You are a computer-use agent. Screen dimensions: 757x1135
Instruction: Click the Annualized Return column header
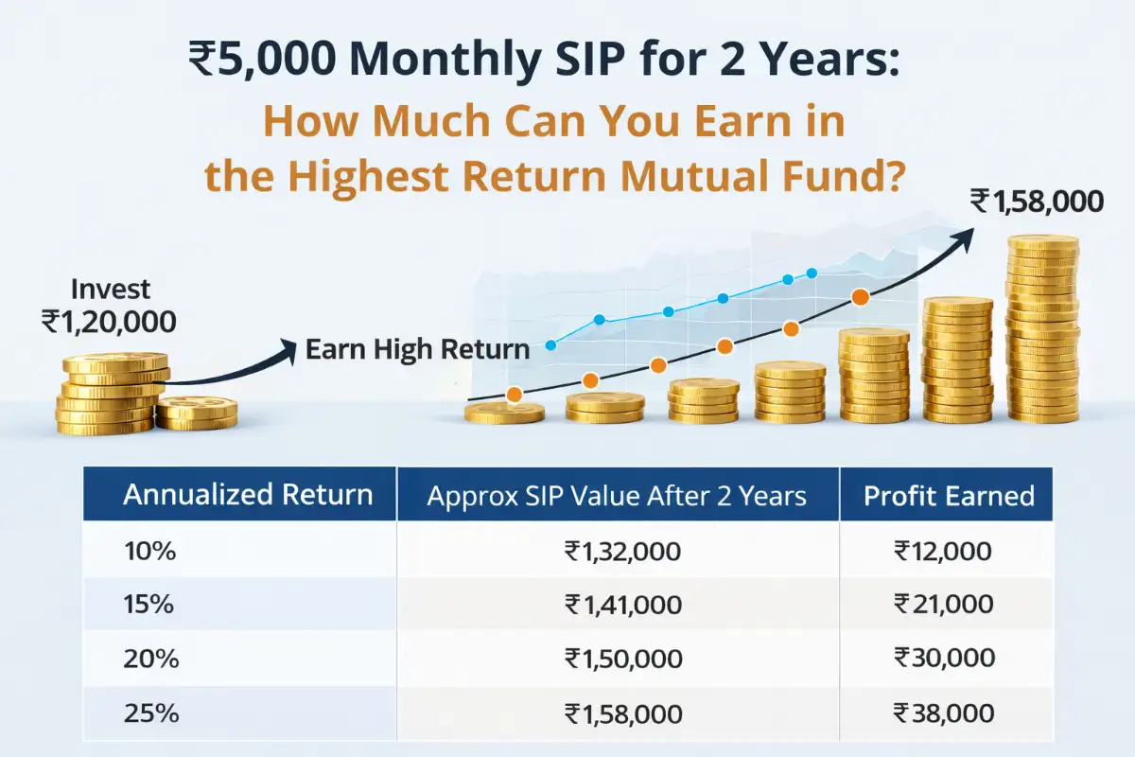(x=249, y=495)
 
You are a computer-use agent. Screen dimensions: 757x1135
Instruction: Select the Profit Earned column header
(x=949, y=495)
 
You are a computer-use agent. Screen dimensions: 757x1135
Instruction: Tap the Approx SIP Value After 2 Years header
(x=617, y=495)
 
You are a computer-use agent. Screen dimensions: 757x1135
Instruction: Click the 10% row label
(x=149, y=551)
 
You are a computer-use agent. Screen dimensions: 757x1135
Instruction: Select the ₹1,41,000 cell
(x=621, y=604)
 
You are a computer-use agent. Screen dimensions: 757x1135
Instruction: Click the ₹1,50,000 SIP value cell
(x=621, y=657)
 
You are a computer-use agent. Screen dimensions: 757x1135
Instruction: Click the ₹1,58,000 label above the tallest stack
(x=1036, y=201)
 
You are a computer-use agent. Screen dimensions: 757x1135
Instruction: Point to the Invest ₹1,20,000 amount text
(x=110, y=322)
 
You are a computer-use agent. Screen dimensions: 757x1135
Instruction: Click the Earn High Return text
(x=417, y=349)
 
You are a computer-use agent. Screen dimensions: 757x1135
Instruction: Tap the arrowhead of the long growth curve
(x=966, y=233)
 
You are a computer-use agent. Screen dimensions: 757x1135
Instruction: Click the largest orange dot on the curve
(x=860, y=297)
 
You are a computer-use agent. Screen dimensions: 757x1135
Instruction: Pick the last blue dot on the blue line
(x=811, y=273)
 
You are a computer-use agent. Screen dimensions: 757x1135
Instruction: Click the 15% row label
(x=149, y=604)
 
